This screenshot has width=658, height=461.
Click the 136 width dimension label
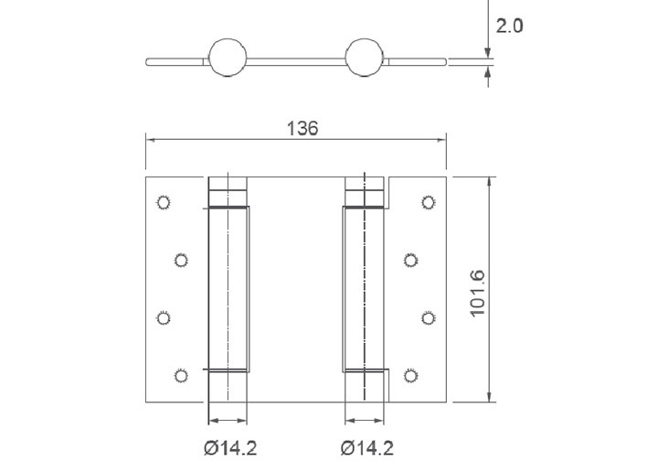point(302,128)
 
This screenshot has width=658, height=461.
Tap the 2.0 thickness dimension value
point(508,26)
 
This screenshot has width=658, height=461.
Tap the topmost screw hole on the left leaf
point(164,202)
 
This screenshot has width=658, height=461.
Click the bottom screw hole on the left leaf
point(181,372)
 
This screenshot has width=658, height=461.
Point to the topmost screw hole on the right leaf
point(428,202)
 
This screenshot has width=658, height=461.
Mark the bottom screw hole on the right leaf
point(411,372)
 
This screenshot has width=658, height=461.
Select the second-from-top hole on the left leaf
point(181,260)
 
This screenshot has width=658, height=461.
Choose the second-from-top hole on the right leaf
point(411,260)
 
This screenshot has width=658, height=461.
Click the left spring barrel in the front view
point(228,288)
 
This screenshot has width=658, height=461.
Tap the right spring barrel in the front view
point(366,288)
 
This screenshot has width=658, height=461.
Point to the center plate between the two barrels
point(297,288)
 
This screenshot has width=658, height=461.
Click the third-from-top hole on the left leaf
point(164,317)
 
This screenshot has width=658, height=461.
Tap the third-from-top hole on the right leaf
point(428,317)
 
